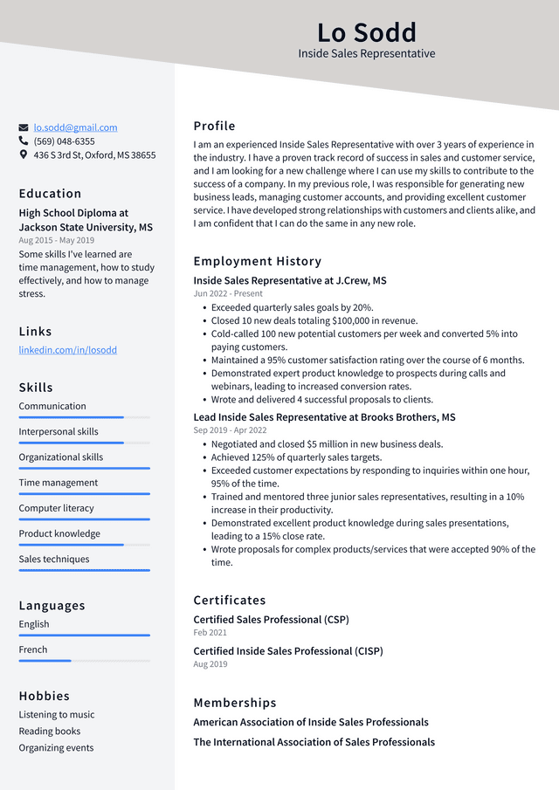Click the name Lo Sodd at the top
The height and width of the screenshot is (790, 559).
pos(366,33)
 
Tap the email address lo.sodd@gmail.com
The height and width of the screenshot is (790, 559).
pos(75,127)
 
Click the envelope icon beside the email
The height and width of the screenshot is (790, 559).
pos(24,127)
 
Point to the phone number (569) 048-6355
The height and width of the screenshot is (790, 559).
pos(64,141)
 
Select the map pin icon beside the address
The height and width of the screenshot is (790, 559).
pos(24,155)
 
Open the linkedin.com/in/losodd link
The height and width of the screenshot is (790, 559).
pos(67,350)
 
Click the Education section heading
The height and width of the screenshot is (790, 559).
pos(50,194)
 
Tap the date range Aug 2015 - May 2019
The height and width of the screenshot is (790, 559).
pos(56,240)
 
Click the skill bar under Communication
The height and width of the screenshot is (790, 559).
pos(84,417)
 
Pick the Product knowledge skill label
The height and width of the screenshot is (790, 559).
pos(59,533)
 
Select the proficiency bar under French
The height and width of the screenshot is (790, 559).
pos(84,661)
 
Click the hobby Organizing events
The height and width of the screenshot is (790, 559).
pos(56,748)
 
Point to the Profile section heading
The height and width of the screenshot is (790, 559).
pos(214,126)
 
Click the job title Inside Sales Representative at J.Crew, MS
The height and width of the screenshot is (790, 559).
pos(289,281)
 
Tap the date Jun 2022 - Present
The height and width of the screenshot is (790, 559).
pos(227,294)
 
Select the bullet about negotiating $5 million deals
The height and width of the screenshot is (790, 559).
pos(327,444)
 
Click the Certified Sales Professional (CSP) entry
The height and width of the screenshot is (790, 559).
pos(271,620)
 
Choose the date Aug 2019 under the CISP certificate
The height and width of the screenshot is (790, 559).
pos(210,664)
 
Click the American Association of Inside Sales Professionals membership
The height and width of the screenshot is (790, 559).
pos(310,723)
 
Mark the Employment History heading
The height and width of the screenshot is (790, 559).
pos(257,261)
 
